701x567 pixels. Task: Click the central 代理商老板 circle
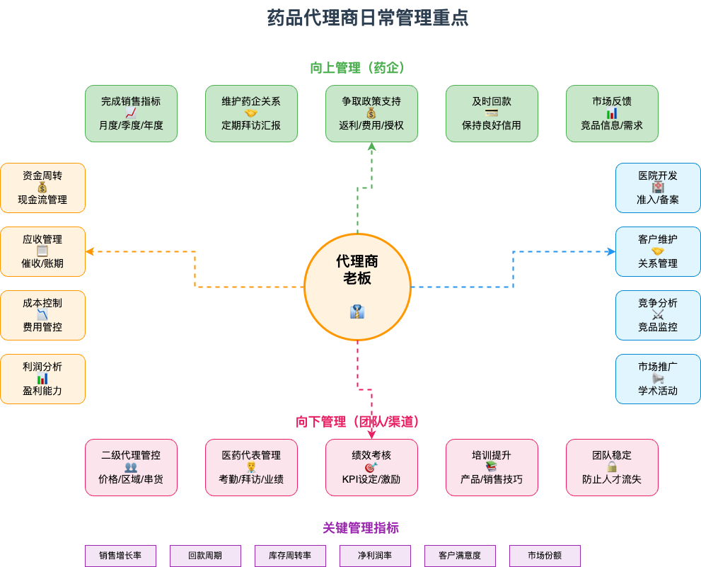(x=357, y=287)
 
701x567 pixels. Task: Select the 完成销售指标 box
(x=131, y=113)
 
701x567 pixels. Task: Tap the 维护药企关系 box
(x=251, y=113)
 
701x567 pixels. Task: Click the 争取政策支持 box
(x=371, y=113)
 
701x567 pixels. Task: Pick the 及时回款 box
(x=492, y=113)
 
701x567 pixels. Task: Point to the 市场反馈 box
(x=612, y=113)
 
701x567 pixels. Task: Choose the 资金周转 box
(x=42, y=188)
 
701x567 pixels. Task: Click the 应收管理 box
(x=42, y=251)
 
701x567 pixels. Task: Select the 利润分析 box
(x=42, y=379)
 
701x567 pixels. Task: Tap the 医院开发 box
(x=658, y=188)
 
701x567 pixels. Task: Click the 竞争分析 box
(x=658, y=315)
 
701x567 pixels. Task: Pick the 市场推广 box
(x=658, y=379)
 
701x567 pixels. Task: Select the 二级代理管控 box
(x=131, y=467)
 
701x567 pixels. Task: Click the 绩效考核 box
(x=371, y=467)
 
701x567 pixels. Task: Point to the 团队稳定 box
(x=612, y=467)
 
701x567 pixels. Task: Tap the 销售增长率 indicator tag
(x=120, y=556)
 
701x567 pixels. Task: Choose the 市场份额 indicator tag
(x=545, y=556)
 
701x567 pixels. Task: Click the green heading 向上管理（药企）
(x=357, y=68)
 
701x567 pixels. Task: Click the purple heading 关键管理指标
(x=361, y=528)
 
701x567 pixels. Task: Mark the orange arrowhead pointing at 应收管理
(x=89, y=251)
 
